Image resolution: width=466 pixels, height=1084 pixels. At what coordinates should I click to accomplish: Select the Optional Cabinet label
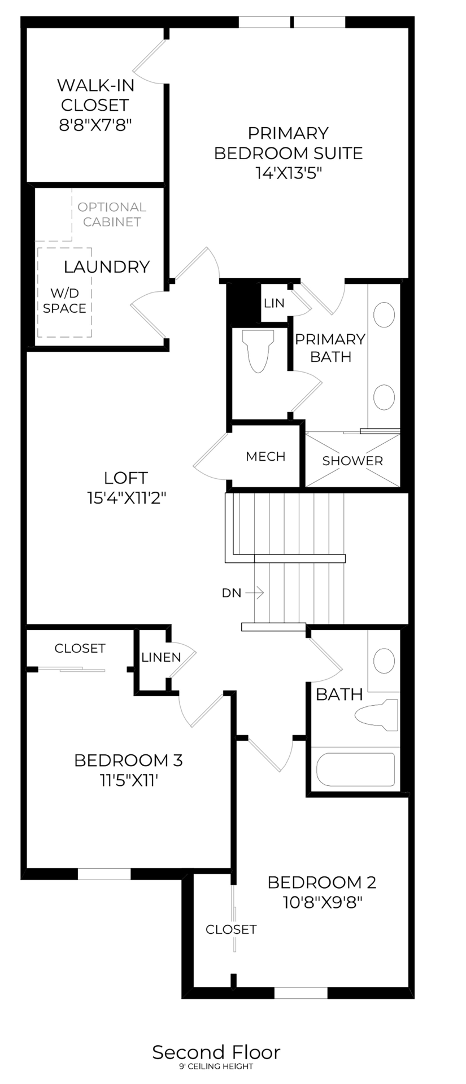pos(112,215)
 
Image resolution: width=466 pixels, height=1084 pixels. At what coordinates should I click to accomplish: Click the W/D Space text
pos(64,300)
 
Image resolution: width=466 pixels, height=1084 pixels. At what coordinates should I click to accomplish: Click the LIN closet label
pos(274,303)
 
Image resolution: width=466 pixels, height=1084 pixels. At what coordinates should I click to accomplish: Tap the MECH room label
pos(265,456)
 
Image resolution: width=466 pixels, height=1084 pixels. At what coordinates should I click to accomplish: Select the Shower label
pos(352,461)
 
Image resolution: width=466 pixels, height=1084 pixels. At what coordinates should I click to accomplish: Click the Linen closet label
pos(161,657)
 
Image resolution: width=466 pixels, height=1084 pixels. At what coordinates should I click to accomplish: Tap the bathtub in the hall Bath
pos(355,770)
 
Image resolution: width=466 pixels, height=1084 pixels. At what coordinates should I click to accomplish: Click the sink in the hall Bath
pos(385,659)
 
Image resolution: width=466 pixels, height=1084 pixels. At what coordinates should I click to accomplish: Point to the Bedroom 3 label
pos(128,760)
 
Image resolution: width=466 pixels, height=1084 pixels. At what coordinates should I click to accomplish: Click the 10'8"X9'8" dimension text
pos(322,902)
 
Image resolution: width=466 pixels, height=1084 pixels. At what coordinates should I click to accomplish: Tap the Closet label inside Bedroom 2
pos(231,929)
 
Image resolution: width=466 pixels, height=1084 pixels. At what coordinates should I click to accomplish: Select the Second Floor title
pos(216,1052)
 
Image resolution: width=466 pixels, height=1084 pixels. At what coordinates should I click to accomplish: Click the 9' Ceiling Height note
pos(216,1066)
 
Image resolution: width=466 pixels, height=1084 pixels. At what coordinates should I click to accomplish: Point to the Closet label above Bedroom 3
pos(80,648)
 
